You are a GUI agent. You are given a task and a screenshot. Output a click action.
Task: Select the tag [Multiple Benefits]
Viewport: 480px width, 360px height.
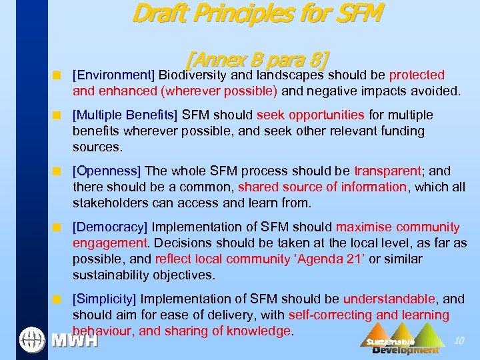click(x=125, y=115)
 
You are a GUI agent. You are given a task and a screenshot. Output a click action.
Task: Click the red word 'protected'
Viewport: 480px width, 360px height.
click(x=417, y=75)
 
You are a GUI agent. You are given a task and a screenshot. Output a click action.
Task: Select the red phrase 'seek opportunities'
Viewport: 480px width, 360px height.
click(x=319, y=115)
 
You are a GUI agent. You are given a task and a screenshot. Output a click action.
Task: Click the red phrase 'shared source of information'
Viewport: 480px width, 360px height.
click(x=322, y=187)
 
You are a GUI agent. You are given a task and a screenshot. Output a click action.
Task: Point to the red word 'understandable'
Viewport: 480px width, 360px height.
click(x=389, y=299)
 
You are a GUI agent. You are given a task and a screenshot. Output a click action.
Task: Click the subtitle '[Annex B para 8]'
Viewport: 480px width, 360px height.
click(x=257, y=61)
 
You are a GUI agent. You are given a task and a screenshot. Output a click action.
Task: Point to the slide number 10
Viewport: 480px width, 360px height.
click(x=458, y=341)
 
